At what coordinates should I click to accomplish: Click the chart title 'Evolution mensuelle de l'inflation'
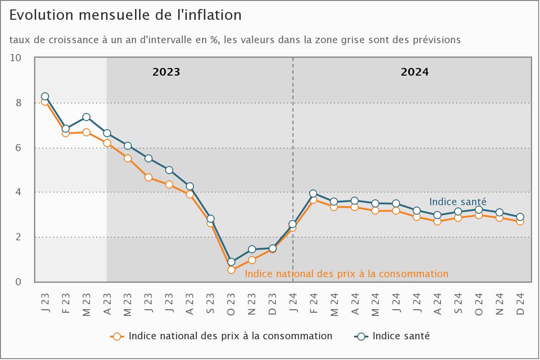pyautogui.click(x=126, y=15)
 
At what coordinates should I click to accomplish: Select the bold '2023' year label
pyautogui.click(x=166, y=72)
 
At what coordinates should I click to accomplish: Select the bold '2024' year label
pyautogui.click(x=415, y=72)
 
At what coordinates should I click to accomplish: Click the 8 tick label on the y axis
pyautogui.click(x=18, y=103)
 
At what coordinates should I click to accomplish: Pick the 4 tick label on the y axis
pyautogui.click(x=18, y=192)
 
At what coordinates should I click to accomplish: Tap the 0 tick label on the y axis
pyautogui.click(x=18, y=282)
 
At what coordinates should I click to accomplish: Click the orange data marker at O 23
pyautogui.click(x=231, y=270)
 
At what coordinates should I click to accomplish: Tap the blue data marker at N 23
pyautogui.click(x=252, y=249)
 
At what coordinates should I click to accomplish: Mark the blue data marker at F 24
pyautogui.click(x=314, y=194)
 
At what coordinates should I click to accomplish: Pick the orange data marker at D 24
pyautogui.click(x=520, y=221)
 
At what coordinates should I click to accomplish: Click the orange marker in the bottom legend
pyautogui.click(x=117, y=336)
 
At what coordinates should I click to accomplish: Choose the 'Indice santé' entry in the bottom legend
pyautogui.click(x=401, y=336)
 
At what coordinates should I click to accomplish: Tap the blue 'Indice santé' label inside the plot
pyautogui.click(x=458, y=202)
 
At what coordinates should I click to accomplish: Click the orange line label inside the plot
pyautogui.click(x=346, y=274)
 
